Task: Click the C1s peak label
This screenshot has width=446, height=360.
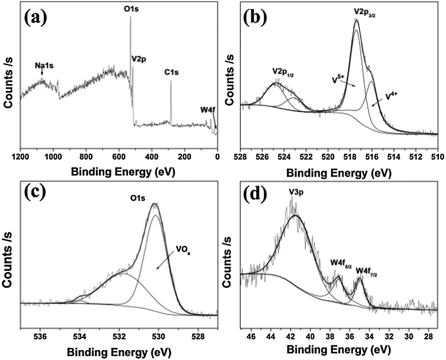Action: (171, 72)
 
